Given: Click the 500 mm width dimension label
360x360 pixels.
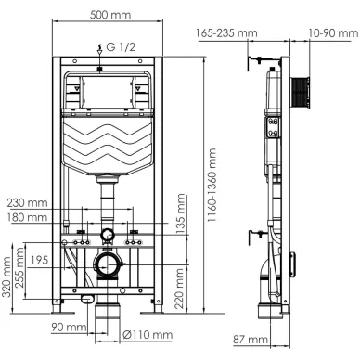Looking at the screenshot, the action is (110, 15).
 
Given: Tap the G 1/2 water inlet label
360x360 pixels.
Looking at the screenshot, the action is (121, 47).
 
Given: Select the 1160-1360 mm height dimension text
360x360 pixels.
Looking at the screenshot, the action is (212, 185).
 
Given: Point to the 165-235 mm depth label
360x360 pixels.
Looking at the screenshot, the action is (226, 32).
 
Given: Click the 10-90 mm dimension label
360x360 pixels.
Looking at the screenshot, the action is (333, 33).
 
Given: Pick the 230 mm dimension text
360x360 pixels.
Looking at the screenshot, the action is (28, 203).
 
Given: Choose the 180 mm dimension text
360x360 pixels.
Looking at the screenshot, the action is (28, 217).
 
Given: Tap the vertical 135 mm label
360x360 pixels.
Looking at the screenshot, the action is (180, 213).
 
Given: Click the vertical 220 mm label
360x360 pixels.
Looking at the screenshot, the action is (179, 289).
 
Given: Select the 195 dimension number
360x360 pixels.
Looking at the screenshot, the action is (39, 260).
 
